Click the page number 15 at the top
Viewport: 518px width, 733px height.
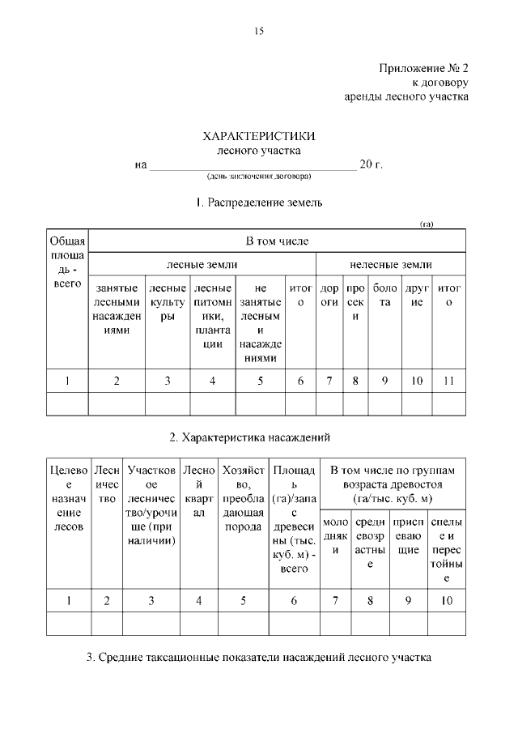[259, 32]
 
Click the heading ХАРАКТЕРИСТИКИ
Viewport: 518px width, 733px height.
[258, 137]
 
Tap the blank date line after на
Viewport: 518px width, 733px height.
[252, 165]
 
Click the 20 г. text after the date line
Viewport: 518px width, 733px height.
[371, 164]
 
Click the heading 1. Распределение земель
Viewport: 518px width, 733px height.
[259, 202]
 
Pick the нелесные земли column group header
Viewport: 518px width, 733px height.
[390, 264]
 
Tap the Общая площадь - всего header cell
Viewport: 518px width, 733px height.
[67, 262]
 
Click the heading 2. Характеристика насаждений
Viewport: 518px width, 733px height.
[259, 437]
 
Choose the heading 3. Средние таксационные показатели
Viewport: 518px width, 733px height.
[259, 657]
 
